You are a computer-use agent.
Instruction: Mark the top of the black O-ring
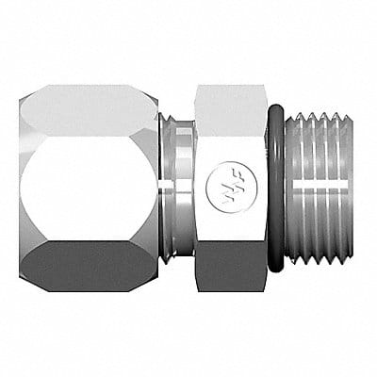coord(275,111)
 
